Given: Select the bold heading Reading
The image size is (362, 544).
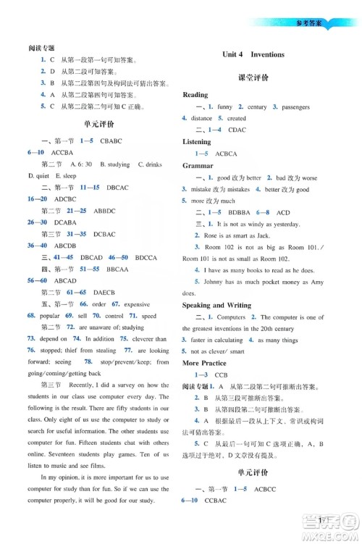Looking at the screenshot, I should pyautogui.click(x=195, y=95).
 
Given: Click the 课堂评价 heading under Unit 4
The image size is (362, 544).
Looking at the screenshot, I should pyautogui.click(x=253, y=76).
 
